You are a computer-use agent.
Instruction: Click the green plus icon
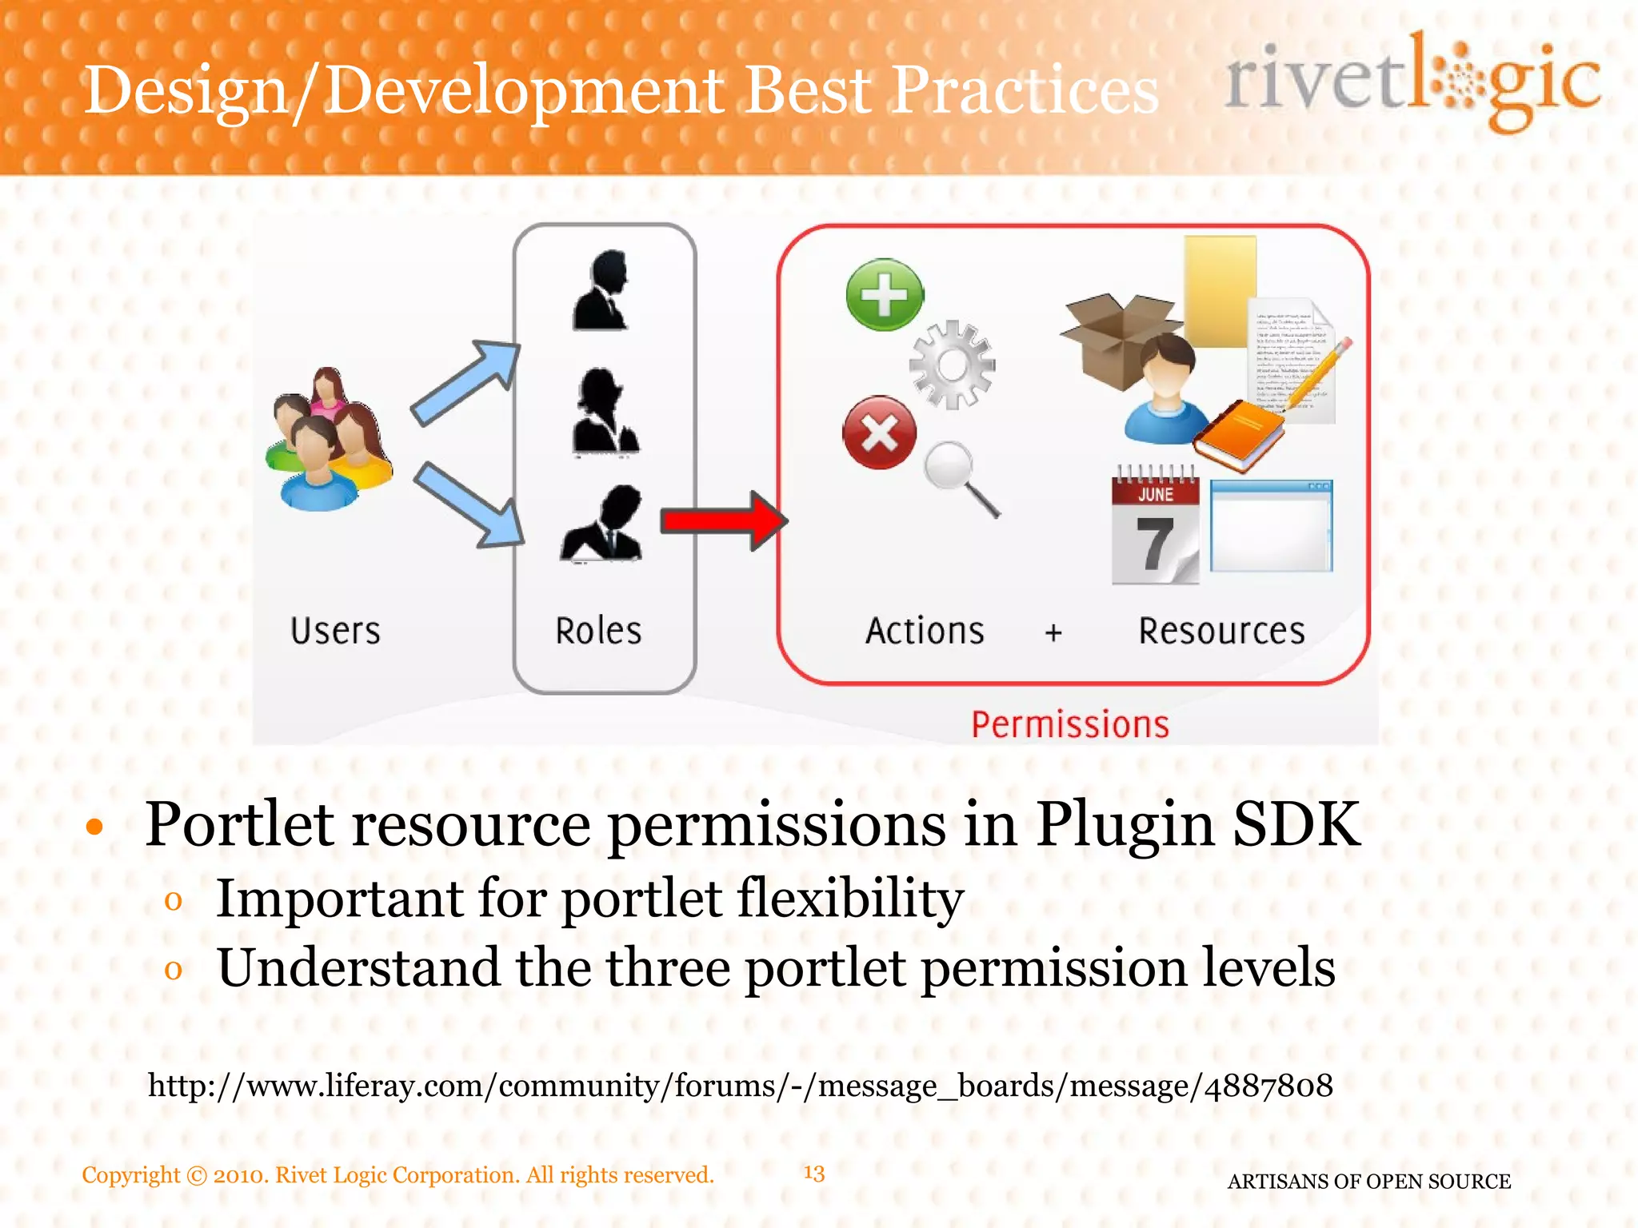[884, 294]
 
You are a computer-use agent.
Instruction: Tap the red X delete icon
[879, 433]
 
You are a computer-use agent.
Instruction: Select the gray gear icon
[952, 365]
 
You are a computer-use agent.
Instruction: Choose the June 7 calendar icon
[1154, 528]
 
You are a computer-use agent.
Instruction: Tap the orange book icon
[1237, 436]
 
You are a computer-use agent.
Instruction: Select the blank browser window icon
[1271, 525]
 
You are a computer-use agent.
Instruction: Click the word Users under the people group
[335, 631]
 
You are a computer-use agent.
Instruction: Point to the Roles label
[598, 631]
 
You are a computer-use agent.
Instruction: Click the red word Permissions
[1069, 724]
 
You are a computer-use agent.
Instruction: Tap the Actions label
[925, 631]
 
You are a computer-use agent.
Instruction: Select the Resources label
[1221, 631]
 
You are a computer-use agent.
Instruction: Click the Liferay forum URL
[740, 1086]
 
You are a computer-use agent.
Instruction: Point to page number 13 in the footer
[813, 1173]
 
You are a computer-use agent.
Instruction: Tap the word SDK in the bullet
[1296, 824]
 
